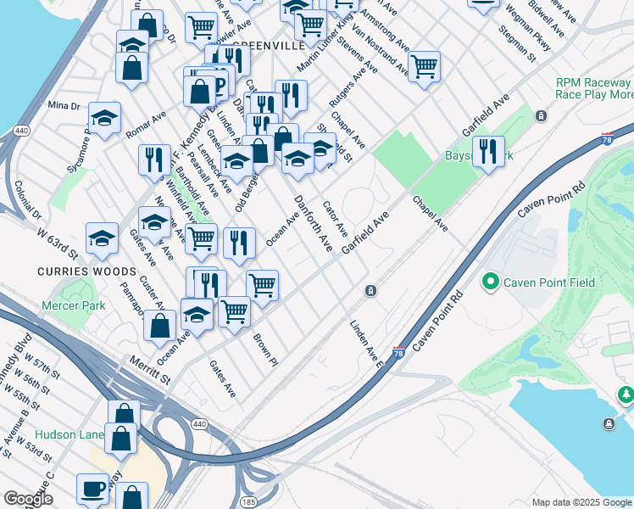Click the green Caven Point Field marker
pyautogui.click(x=489, y=282)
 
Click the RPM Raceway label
pyautogui.click(x=592, y=83)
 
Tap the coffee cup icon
pyautogui.click(x=92, y=489)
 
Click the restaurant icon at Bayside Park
pyautogui.click(x=487, y=152)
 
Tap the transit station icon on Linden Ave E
pyautogui.click(x=370, y=291)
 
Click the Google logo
pyautogui.click(x=28, y=498)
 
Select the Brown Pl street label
pyautogui.click(x=264, y=350)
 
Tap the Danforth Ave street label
pyautogui.click(x=313, y=222)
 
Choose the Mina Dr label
pyautogui.click(x=64, y=105)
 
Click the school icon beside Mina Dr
pyautogui.click(x=104, y=119)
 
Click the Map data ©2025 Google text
pyautogui.click(x=581, y=502)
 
